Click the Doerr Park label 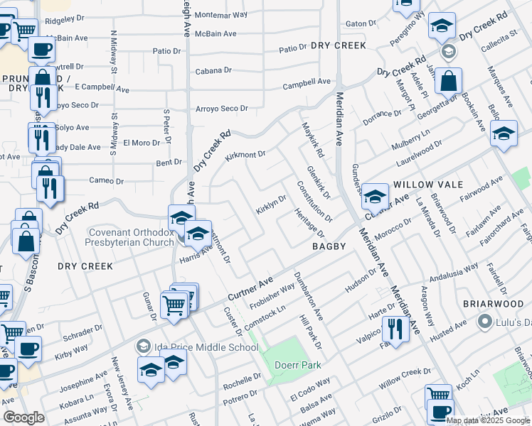pos(299,365)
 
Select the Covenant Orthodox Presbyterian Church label pos(131,236)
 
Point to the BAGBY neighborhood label pos(329,246)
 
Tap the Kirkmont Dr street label pos(245,155)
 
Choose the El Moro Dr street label pos(142,143)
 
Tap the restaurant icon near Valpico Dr pos(392,329)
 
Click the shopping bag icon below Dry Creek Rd pos(450,82)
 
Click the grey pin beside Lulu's pos(486,322)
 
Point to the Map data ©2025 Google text pos(488,420)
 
